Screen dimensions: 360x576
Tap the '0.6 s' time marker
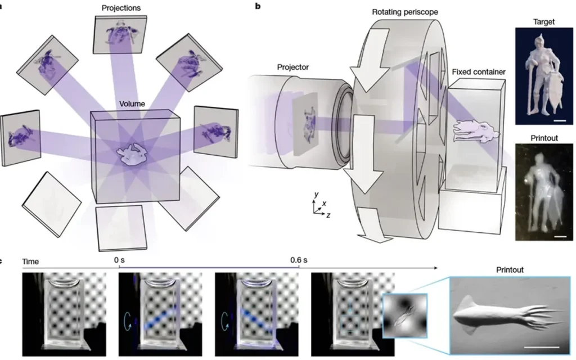tap(299, 260)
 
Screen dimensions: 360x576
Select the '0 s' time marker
tap(119, 260)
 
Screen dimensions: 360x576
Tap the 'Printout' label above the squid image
tap(509, 270)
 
